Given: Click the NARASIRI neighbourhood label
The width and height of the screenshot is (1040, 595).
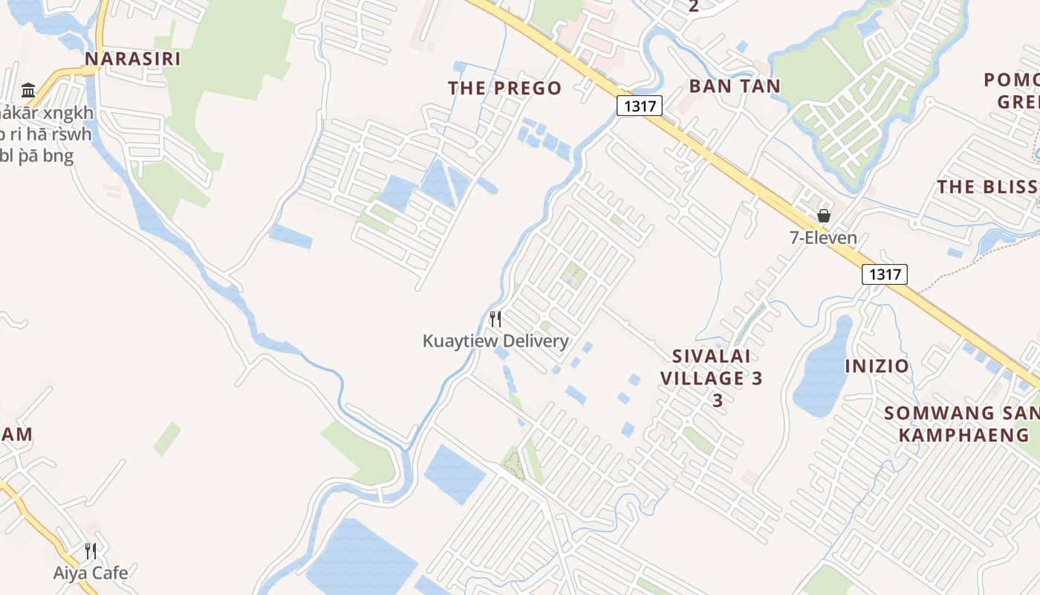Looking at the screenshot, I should tap(132, 59).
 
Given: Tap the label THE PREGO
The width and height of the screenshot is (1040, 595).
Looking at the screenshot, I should tap(504, 88).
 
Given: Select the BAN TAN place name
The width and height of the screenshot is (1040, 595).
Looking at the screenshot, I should tap(734, 86).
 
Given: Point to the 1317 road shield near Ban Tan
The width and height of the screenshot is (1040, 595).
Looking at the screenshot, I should tap(640, 106).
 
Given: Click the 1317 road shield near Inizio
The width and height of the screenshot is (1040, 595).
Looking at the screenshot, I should tap(884, 274).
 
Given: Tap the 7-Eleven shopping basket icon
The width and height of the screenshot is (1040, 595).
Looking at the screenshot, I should tap(823, 216).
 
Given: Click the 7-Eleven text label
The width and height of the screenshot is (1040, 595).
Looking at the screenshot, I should tap(823, 238).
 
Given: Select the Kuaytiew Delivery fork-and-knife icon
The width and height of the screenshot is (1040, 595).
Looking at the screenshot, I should tap(495, 319).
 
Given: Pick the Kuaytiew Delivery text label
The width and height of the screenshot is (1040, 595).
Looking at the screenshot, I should tap(495, 341).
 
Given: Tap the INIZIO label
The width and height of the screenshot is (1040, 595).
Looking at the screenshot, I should tap(877, 366).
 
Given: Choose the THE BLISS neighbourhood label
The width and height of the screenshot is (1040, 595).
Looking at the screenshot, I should tap(987, 187).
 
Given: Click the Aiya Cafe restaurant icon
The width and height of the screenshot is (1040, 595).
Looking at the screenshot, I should tap(91, 551).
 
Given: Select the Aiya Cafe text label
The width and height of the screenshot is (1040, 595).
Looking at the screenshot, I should tap(91, 573).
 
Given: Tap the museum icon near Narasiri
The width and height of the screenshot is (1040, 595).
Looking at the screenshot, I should tap(29, 91).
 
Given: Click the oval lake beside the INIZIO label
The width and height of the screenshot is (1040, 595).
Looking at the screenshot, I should tap(823, 368).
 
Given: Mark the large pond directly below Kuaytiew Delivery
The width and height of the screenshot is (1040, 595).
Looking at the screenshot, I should tap(454, 473).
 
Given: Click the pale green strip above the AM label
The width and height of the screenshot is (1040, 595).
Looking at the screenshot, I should tap(167, 438).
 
